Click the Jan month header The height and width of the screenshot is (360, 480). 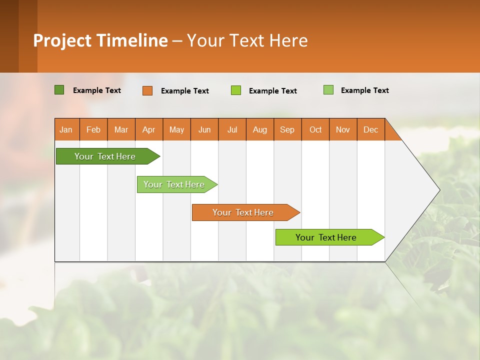[x=66, y=129]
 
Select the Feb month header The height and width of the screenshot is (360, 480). [x=93, y=129]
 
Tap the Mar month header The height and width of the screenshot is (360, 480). [x=121, y=129]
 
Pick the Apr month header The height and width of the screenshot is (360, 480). [x=149, y=129]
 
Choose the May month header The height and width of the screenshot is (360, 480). [x=176, y=129]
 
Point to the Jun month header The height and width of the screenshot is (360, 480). [x=204, y=129]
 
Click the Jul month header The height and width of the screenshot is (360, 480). [x=232, y=129]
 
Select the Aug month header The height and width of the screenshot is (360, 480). [x=260, y=129]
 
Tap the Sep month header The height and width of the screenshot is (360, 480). [x=287, y=129]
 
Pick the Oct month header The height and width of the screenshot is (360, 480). [x=315, y=129]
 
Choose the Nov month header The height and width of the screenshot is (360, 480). [x=343, y=129]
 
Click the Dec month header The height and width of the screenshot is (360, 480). [x=371, y=129]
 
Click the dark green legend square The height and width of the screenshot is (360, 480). [x=59, y=90]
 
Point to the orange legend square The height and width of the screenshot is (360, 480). [x=147, y=90]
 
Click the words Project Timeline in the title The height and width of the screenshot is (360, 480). [x=100, y=40]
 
